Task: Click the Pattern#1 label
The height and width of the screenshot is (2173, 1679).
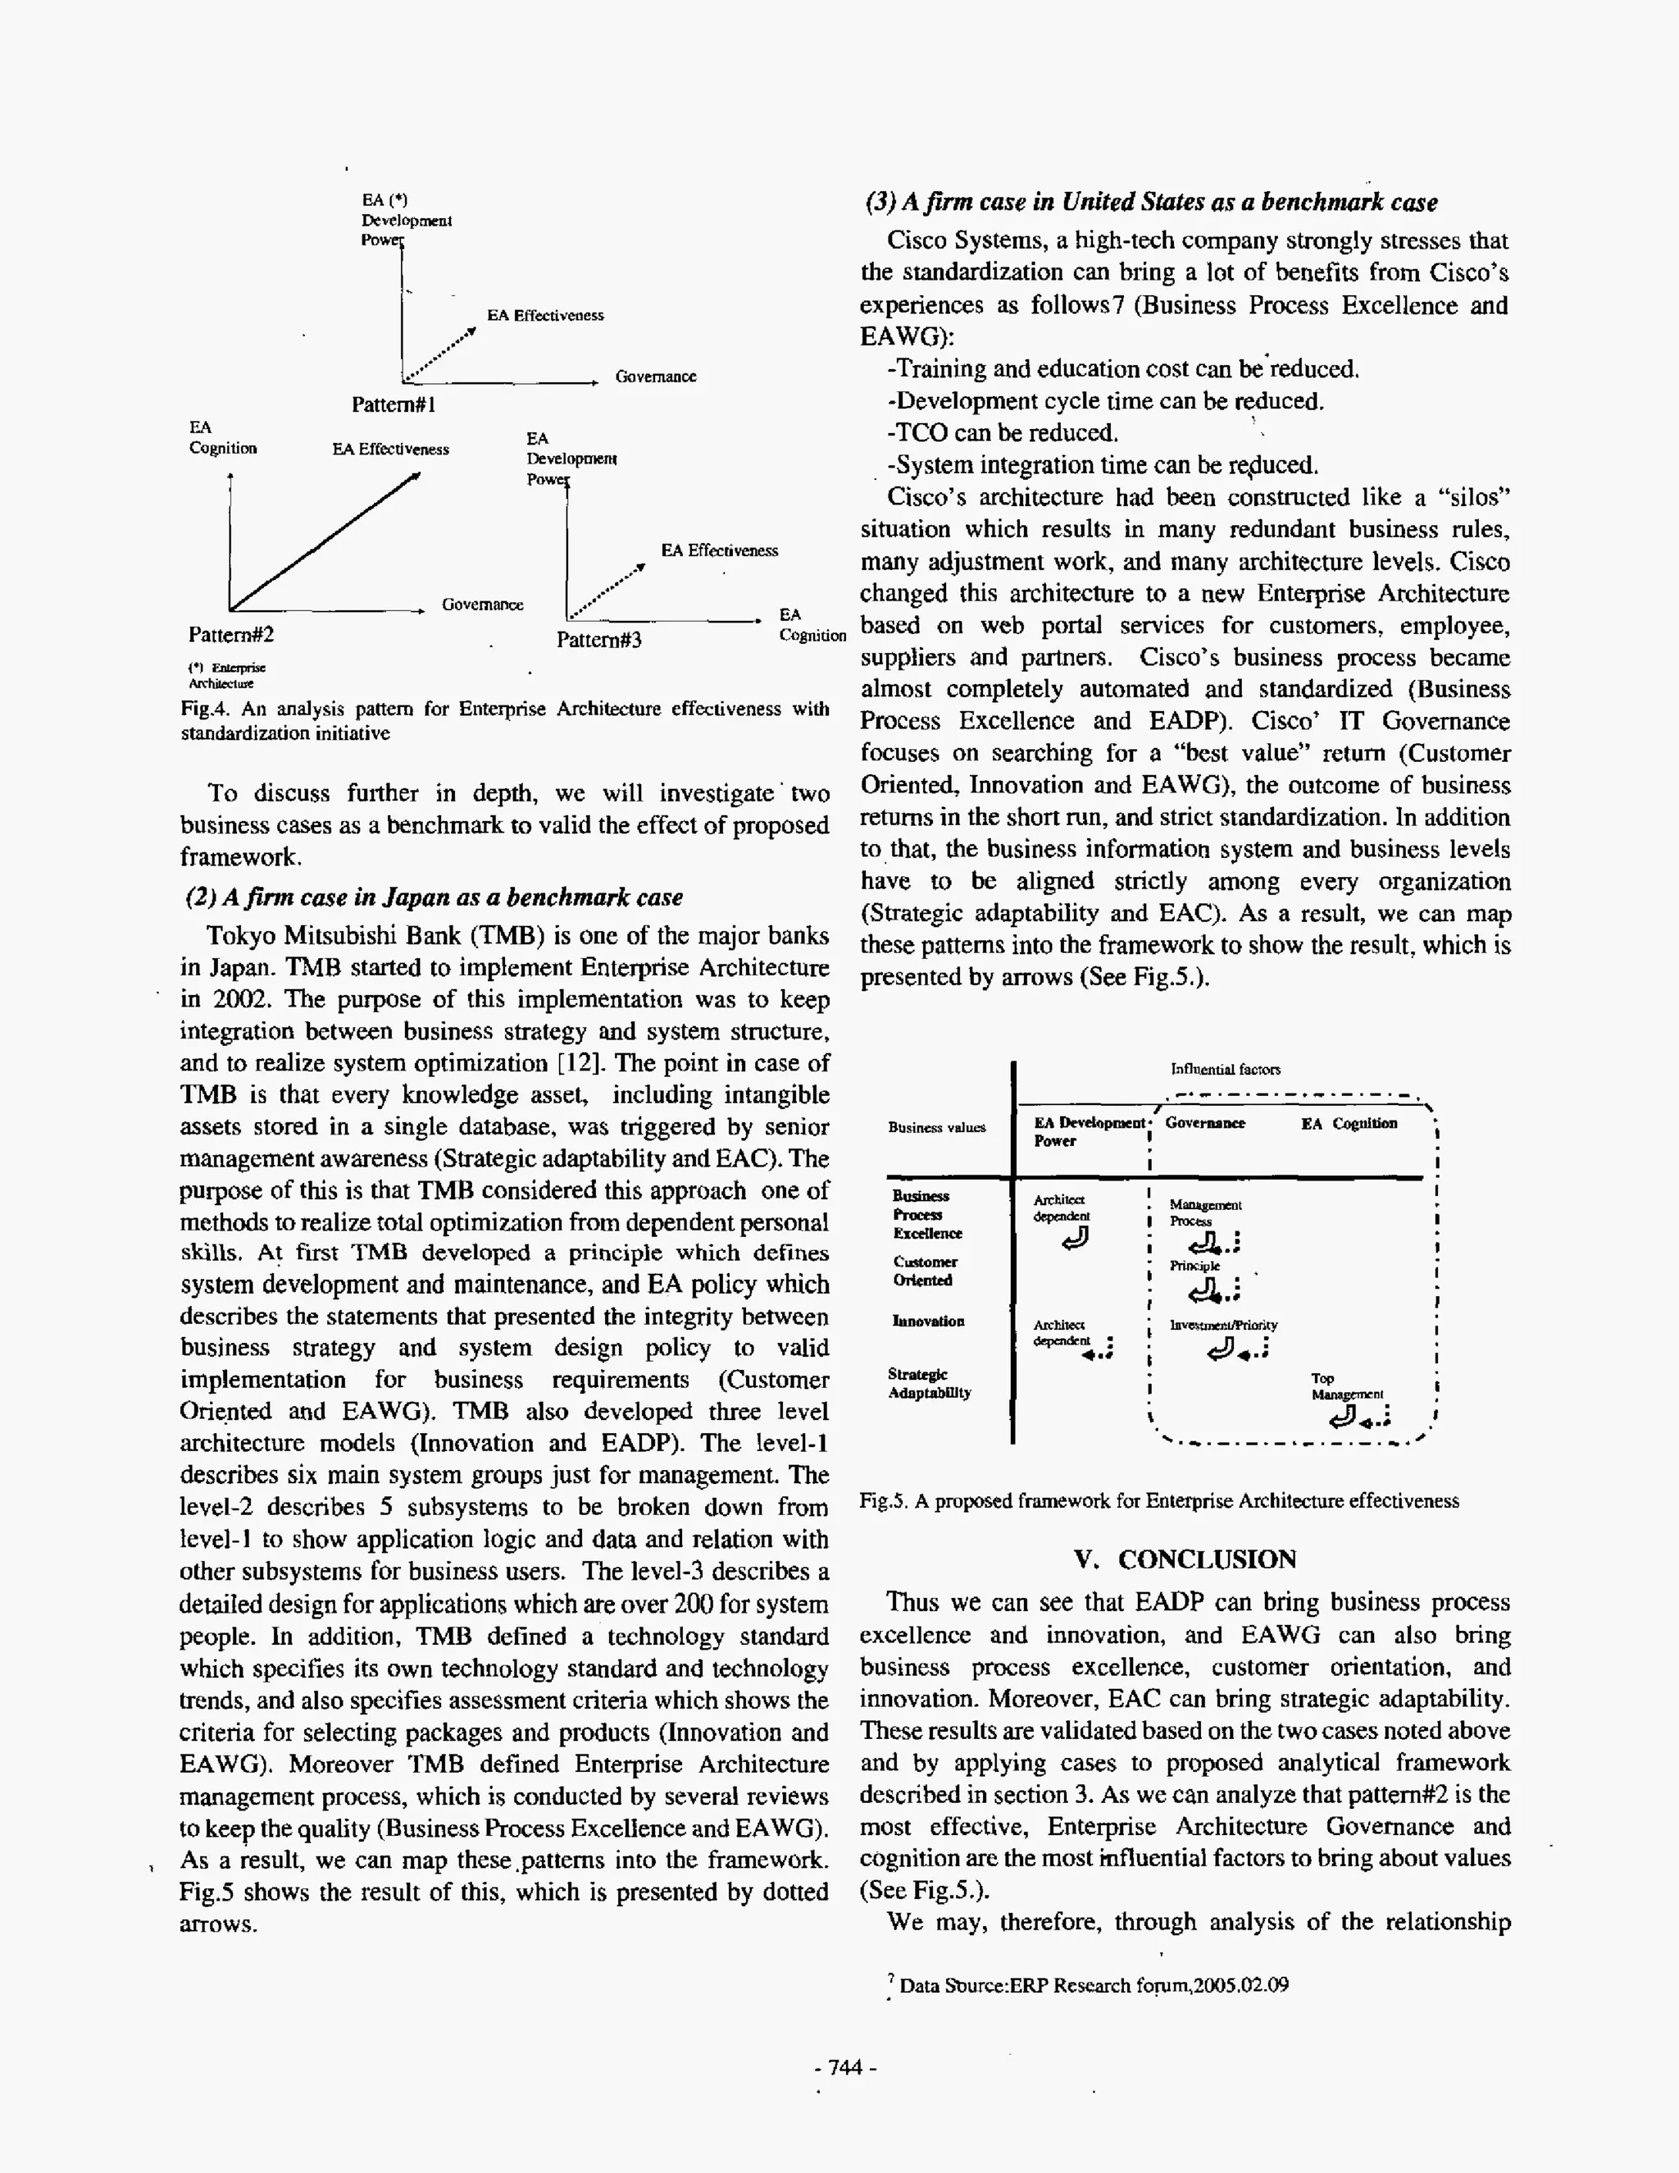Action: point(394,405)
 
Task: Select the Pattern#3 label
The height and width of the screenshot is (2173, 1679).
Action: point(598,640)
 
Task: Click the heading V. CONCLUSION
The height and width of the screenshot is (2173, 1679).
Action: point(1185,1559)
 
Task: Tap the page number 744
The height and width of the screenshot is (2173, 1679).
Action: point(844,2066)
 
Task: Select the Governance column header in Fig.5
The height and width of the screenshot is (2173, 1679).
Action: point(1204,1123)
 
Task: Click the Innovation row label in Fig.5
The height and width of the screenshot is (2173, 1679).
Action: point(928,1322)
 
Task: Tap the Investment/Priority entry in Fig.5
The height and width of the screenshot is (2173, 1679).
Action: point(1223,1326)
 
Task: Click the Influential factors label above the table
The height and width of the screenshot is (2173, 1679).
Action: point(1226,1070)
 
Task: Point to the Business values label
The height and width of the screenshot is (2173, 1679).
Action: point(936,1127)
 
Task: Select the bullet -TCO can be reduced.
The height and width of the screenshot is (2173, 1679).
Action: point(1003,433)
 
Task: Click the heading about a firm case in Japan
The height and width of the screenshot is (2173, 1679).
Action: point(435,897)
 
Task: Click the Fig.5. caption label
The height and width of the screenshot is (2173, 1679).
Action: point(1158,1500)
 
